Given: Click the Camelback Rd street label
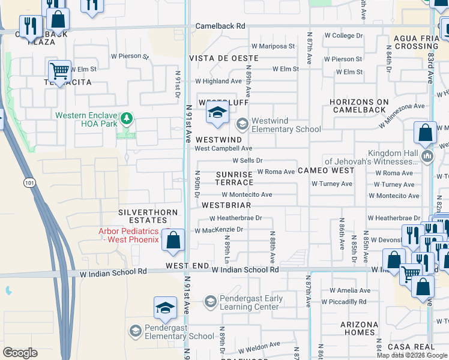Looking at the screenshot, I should [221, 26].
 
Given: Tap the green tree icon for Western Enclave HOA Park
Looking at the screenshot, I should [126, 118].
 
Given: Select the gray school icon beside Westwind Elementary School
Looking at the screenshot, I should [242, 124].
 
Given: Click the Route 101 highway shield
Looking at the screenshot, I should [29, 182].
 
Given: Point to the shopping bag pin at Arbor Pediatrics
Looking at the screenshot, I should [173, 240].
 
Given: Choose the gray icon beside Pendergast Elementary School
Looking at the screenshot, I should [135, 331].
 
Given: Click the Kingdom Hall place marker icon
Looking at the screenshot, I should [427, 157].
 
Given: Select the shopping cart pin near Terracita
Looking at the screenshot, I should [59, 71].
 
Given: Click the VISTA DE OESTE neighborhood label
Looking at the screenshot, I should [224, 58].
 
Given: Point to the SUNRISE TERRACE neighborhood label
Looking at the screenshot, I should [235, 178].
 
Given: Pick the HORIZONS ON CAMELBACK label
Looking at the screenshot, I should [360, 106].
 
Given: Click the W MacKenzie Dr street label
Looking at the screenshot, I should [218, 230].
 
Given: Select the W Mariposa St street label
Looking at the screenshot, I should [273, 46].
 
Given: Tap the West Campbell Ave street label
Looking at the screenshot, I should [223, 148].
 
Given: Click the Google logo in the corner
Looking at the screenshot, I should [20, 353].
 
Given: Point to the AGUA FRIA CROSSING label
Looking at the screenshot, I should [417, 42].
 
